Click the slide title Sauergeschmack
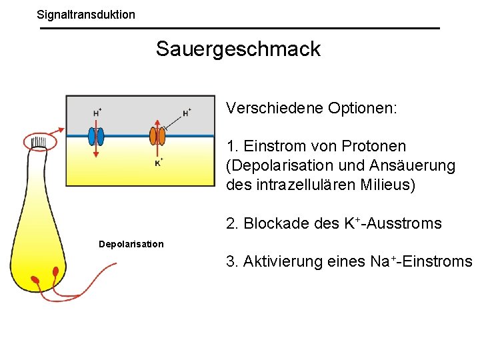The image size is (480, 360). point(238,49)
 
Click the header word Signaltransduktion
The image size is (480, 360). point(85,14)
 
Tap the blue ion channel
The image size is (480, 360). point(96,136)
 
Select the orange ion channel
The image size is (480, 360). point(157,136)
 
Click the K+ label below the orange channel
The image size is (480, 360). point(159,162)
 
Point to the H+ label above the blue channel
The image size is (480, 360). point(97,112)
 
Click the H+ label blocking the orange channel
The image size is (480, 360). point(187,112)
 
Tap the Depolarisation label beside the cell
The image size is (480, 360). point(131,244)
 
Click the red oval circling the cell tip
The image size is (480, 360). point(41,141)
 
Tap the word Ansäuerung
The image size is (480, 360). point(419,165)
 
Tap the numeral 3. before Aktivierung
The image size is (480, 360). point(233,261)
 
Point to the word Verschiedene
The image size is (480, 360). point(274,108)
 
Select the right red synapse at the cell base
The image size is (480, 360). point(55,272)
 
